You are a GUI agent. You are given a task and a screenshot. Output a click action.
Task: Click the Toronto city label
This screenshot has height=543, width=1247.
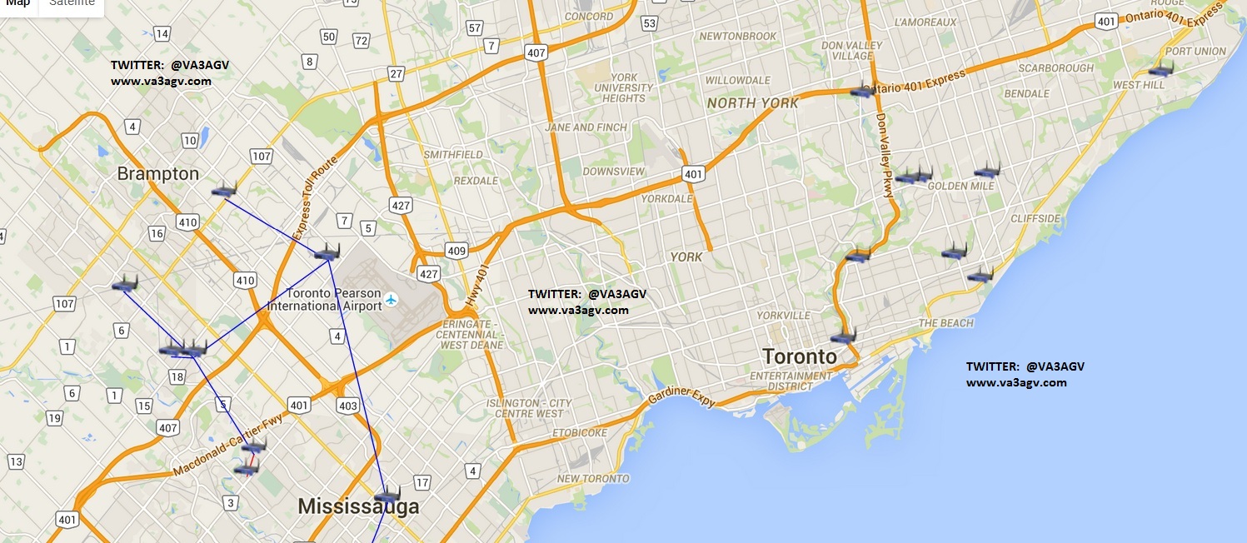click(x=800, y=356)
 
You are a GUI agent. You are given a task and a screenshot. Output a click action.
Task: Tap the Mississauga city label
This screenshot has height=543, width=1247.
click(x=358, y=506)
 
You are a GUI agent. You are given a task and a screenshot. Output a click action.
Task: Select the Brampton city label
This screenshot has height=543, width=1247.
click(x=158, y=173)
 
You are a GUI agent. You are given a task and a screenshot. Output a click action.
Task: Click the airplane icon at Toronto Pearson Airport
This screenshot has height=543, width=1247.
click(x=392, y=298)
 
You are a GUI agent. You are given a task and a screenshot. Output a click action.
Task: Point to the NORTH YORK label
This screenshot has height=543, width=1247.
click(x=752, y=103)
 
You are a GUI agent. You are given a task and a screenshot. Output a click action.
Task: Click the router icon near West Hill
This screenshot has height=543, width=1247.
click(x=1160, y=69)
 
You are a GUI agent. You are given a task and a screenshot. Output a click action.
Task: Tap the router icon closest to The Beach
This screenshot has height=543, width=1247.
click(x=980, y=274)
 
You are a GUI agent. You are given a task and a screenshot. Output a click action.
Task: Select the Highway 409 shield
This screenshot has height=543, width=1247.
click(x=456, y=250)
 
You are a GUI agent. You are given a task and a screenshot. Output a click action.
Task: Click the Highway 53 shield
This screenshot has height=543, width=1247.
click(x=650, y=22)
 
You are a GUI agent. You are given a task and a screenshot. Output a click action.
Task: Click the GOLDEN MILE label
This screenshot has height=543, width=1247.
click(x=960, y=186)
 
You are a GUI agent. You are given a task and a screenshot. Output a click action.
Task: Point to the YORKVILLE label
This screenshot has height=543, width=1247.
click(x=783, y=316)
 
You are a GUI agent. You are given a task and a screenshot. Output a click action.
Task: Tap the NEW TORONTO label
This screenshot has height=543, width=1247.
click(x=593, y=479)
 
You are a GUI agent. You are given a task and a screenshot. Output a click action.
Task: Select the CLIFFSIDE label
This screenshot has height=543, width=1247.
click(x=1035, y=219)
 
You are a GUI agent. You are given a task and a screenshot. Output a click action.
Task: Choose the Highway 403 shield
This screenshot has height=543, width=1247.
click(x=347, y=406)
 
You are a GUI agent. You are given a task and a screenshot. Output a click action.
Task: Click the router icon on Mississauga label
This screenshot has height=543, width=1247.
click(x=387, y=495)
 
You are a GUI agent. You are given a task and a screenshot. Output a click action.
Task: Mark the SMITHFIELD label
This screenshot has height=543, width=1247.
click(x=452, y=155)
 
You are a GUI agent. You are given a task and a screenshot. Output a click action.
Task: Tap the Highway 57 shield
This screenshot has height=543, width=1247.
click(x=475, y=27)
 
